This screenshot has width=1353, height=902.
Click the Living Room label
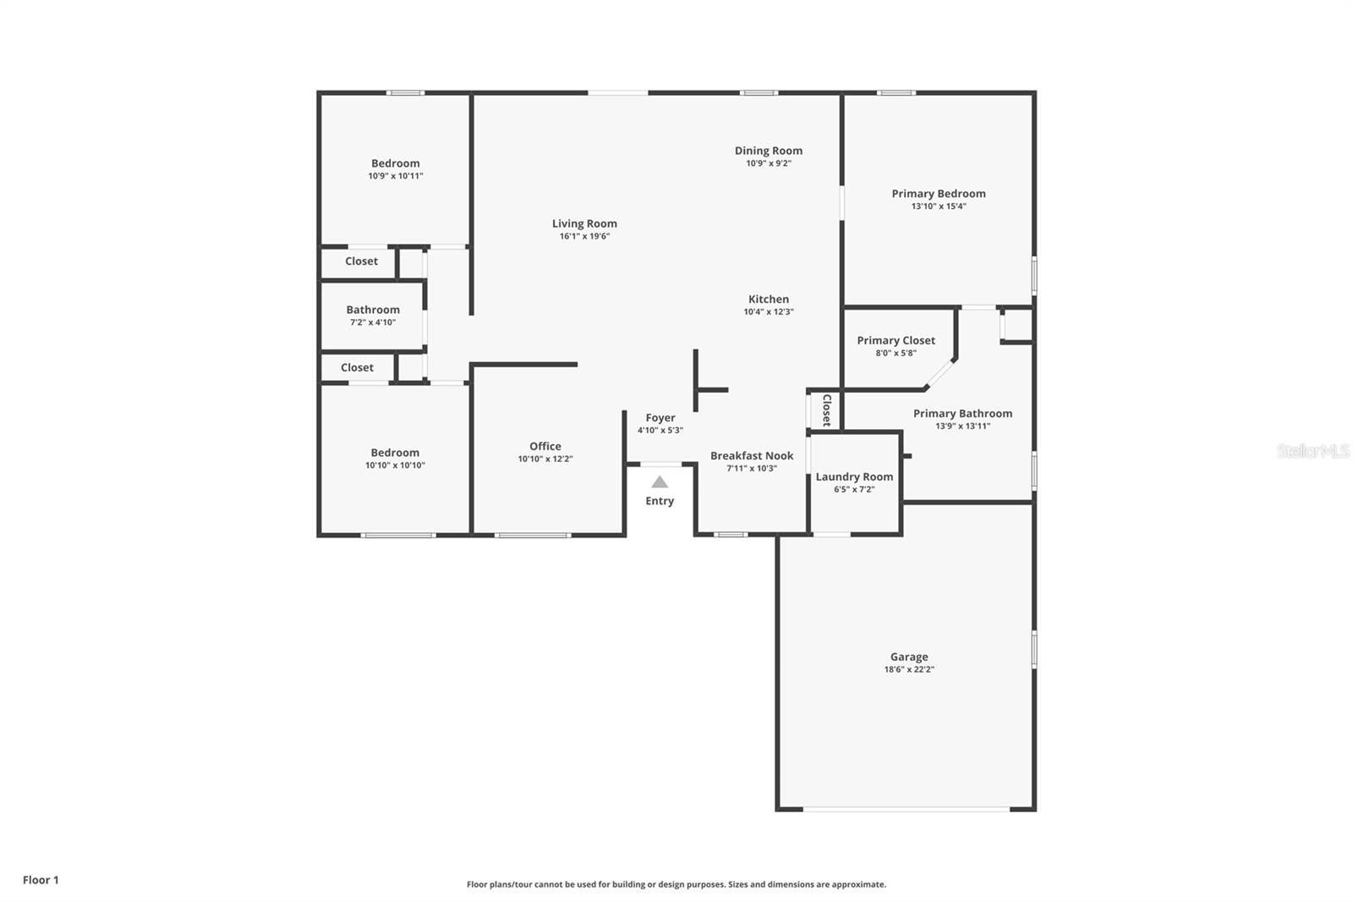[584, 223]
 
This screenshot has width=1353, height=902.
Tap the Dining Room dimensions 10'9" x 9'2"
[768, 163]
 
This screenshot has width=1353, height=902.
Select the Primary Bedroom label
[938, 194]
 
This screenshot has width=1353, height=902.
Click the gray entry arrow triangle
[660, 482]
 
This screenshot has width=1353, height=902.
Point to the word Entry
[660, 501]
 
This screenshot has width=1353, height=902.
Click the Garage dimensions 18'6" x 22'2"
[909, 669]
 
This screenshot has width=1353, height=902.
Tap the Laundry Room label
[854, 477]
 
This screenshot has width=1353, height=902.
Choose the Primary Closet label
[896, 341]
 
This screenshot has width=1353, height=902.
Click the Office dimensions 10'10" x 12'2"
[545, 459]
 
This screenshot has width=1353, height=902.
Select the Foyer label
[660, 418]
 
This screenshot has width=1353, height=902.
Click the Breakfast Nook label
[752, 456]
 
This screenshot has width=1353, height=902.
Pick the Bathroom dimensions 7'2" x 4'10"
[373, 322]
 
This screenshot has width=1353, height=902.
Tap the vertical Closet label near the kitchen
[827, 410]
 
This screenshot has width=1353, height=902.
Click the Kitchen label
[769, 300]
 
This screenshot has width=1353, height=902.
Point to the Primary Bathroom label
[962, 414]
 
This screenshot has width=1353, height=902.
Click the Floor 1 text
[41, 880]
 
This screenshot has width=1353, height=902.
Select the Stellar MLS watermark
[1312, 451]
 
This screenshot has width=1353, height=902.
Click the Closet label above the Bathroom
[361, 261]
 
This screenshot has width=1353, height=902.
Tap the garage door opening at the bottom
[906, 810]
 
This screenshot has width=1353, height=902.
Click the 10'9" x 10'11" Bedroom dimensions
[395, 176]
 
